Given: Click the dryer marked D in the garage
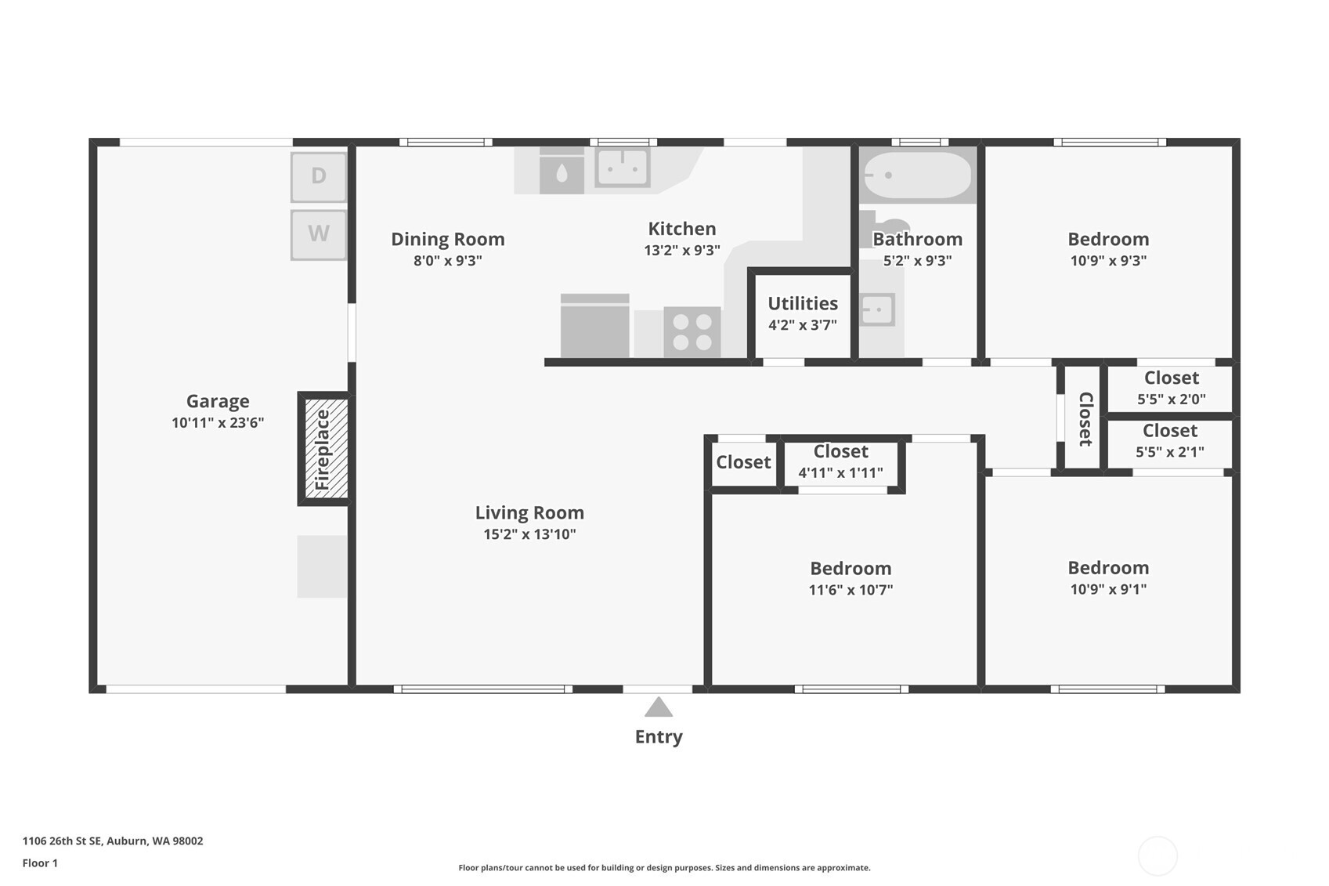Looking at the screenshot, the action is click(x=319, y=177).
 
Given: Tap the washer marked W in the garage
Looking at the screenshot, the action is click(x=319, y=234).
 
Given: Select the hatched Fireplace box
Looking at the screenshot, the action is click(x=326, y=449).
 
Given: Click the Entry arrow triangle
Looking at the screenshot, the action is click(x=659, y=707).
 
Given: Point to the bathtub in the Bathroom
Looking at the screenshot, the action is click(x=917, y=175).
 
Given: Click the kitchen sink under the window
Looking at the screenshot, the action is click(x=623, y=168).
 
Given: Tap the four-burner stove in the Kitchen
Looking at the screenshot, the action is click(x=692, y=331).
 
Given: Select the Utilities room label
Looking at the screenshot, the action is click(x=803, y=303).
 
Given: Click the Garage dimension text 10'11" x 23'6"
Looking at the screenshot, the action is click(x=218, y=422).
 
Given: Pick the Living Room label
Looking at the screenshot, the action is click(x=529, y=512).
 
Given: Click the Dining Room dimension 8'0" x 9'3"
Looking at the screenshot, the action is click(x=448, y=261).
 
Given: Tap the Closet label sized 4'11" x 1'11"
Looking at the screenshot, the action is click(x=841, y=451).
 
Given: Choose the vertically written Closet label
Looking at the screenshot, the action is click(x=1085, y=419).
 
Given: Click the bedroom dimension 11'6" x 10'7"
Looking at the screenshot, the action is click(x=850, y=590).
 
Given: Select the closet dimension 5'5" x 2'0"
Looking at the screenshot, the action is click(x=1172, y=400).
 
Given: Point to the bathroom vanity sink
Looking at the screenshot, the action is click(x=877, y=309).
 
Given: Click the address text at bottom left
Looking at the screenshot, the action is click(x=113, y=841).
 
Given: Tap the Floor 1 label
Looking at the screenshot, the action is click(x=41, y=862).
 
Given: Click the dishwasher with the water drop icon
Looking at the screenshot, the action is click(x=562, y=171).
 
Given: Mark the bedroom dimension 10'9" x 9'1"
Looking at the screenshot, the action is click(x=1108, y=589).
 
